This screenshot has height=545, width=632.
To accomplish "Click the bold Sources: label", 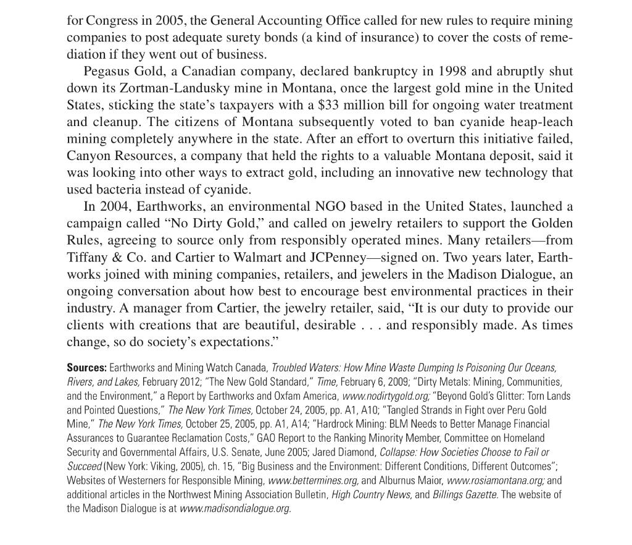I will [86, 368].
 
